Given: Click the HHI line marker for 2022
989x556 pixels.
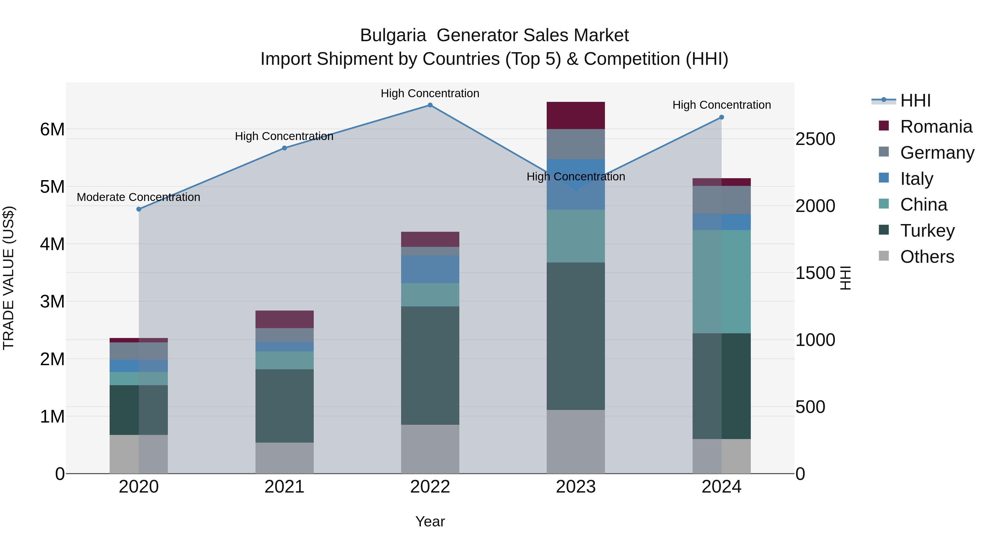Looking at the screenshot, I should (430, 105).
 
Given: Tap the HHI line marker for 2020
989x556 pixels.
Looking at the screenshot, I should (139, 209).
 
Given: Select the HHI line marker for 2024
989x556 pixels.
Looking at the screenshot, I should (721, 118).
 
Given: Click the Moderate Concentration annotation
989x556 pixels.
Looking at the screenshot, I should (139, 197).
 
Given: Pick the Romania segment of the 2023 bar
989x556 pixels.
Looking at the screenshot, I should (576, 116).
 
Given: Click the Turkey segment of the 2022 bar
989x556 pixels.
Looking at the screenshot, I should (430, 365).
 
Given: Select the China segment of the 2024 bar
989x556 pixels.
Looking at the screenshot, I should (721, 282).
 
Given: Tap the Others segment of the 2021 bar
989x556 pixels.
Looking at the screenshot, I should (285, 458).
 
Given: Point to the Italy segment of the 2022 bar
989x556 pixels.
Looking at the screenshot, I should (430, 269).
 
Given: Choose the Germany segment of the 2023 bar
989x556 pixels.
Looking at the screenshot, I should (576, 144).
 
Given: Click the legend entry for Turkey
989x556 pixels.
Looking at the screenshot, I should (927, 231).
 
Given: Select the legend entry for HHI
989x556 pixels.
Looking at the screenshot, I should (915, 100).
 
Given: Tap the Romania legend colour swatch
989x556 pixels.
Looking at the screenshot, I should (884, 126).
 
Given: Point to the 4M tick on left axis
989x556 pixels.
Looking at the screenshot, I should (52, 244).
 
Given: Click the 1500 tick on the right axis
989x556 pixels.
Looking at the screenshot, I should (815, 273).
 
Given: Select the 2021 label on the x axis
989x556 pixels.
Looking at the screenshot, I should (285, 487).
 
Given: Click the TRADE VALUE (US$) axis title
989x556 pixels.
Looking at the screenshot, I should (9, 278).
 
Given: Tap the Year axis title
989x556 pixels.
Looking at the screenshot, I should (430, 521).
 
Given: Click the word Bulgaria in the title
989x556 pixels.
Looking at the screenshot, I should (393, 35).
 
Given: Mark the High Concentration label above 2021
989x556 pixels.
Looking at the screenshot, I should (284, 136).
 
